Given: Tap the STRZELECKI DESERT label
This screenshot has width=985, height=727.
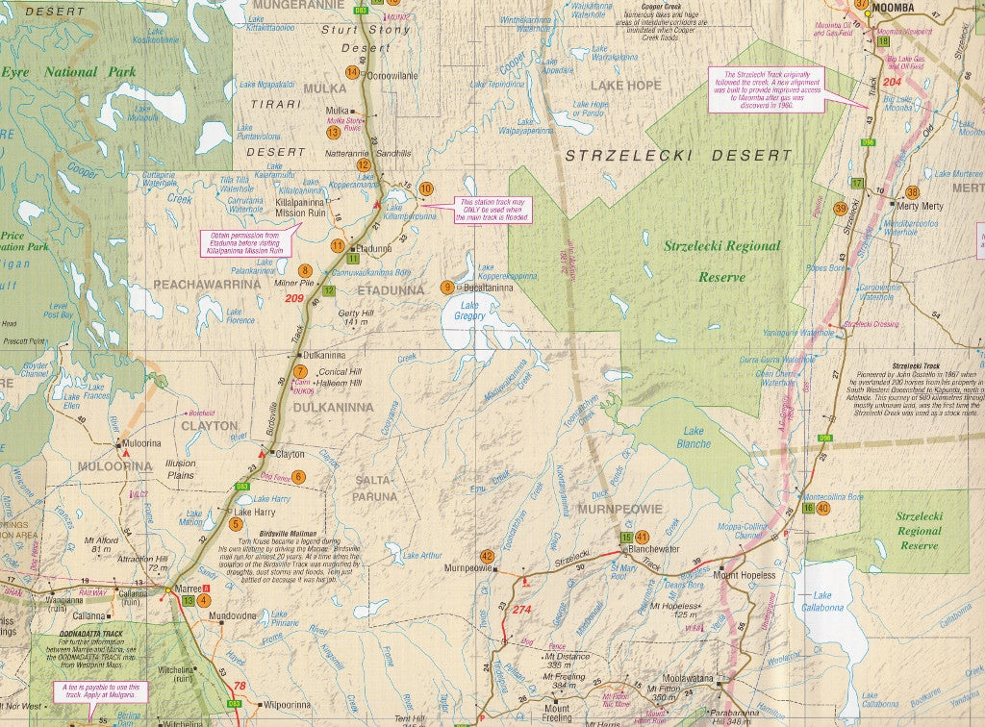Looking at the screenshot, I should (678, 155).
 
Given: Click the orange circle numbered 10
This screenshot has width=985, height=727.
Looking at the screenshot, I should (425, 189).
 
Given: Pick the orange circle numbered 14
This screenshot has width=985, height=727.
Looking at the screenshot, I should (352, 72).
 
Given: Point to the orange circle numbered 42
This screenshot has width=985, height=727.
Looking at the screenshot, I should (487, 556).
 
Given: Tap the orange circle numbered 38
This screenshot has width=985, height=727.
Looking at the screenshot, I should (912, 192).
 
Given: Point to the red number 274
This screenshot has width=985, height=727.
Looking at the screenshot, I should (521, 610).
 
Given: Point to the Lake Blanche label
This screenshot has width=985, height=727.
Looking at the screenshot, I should (695, 438).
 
